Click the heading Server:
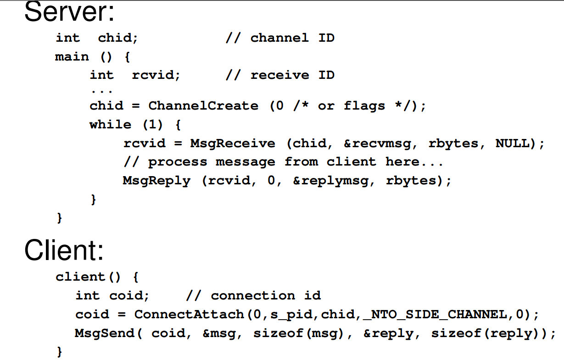coord(69,13)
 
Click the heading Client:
coord(64,250)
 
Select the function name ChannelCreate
coord(203,106)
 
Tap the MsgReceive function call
coord(233,144)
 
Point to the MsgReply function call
coord(156,181)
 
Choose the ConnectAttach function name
coord(189,315)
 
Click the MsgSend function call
coord(105,333)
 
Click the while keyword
coord(110,125)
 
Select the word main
coord(72,57)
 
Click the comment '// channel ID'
coord(280,38)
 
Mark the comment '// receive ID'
coord(280,75)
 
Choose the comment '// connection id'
coord(253,296)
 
